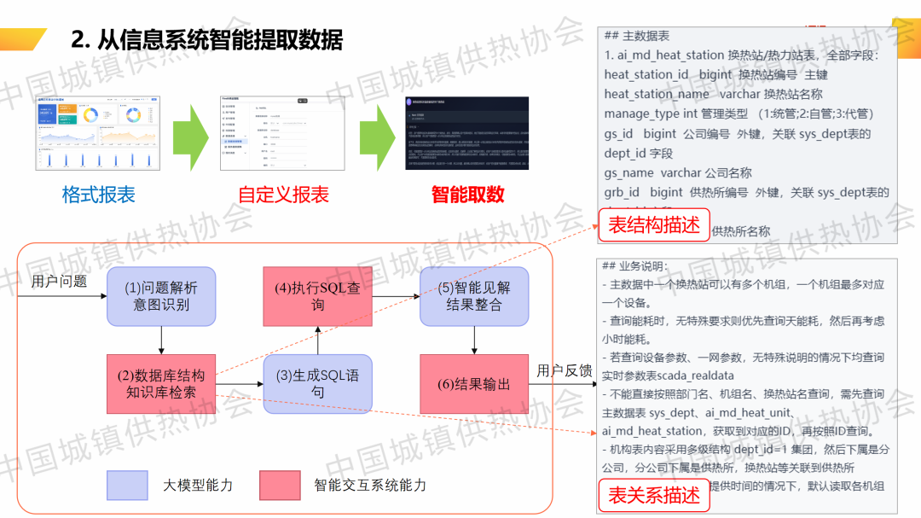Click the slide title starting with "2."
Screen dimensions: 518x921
pos(207,39)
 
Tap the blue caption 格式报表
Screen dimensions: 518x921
pos(99,195)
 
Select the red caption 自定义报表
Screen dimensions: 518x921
pos(283,195)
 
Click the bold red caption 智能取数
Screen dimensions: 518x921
pos(467,195)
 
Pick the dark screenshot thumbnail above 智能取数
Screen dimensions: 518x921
pos(467,133)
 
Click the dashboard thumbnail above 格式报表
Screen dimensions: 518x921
pos(99,133)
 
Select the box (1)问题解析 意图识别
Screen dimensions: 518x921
pos(161,296)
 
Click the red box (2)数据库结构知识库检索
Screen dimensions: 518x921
pos(161,383)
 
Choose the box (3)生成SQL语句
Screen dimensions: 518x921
pos(317,383)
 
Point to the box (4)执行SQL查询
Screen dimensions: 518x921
pos(317,296)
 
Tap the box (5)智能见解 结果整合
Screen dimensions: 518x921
pos(474,296)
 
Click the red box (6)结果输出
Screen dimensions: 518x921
pos(474,384)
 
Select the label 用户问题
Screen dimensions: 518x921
pos(59,281)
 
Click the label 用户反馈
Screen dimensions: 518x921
pos(565,370)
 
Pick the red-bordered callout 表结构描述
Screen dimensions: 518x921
pos(654,224)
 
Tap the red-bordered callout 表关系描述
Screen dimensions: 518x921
pos(654,495)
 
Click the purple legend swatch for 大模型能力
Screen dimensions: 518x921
pos(127,486)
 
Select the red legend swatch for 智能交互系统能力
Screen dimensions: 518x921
pos(281,486)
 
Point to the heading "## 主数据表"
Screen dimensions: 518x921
pos(636,36)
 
